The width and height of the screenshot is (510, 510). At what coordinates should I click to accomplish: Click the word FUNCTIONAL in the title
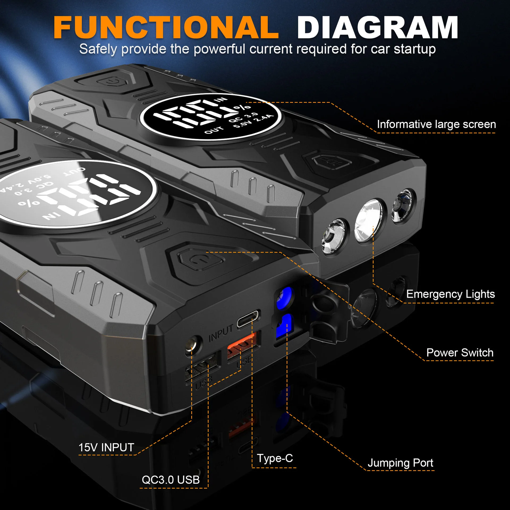point(166,27)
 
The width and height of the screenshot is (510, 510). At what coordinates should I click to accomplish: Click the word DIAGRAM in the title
point(377,27)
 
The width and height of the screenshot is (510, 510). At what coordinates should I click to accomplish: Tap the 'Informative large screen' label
point(436,124)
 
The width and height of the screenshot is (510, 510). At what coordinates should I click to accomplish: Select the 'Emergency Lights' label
point(450,294)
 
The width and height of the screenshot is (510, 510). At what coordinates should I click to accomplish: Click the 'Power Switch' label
point(460,353)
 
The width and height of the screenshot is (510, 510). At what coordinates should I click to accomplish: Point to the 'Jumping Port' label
point(400,463)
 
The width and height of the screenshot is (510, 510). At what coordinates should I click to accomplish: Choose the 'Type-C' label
point(275,458)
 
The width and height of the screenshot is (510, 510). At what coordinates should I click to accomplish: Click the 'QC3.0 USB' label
point(171,480)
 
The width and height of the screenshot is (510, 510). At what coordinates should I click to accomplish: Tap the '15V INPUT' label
point(106,447)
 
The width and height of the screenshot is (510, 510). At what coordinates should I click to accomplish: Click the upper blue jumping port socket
point(284,298)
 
